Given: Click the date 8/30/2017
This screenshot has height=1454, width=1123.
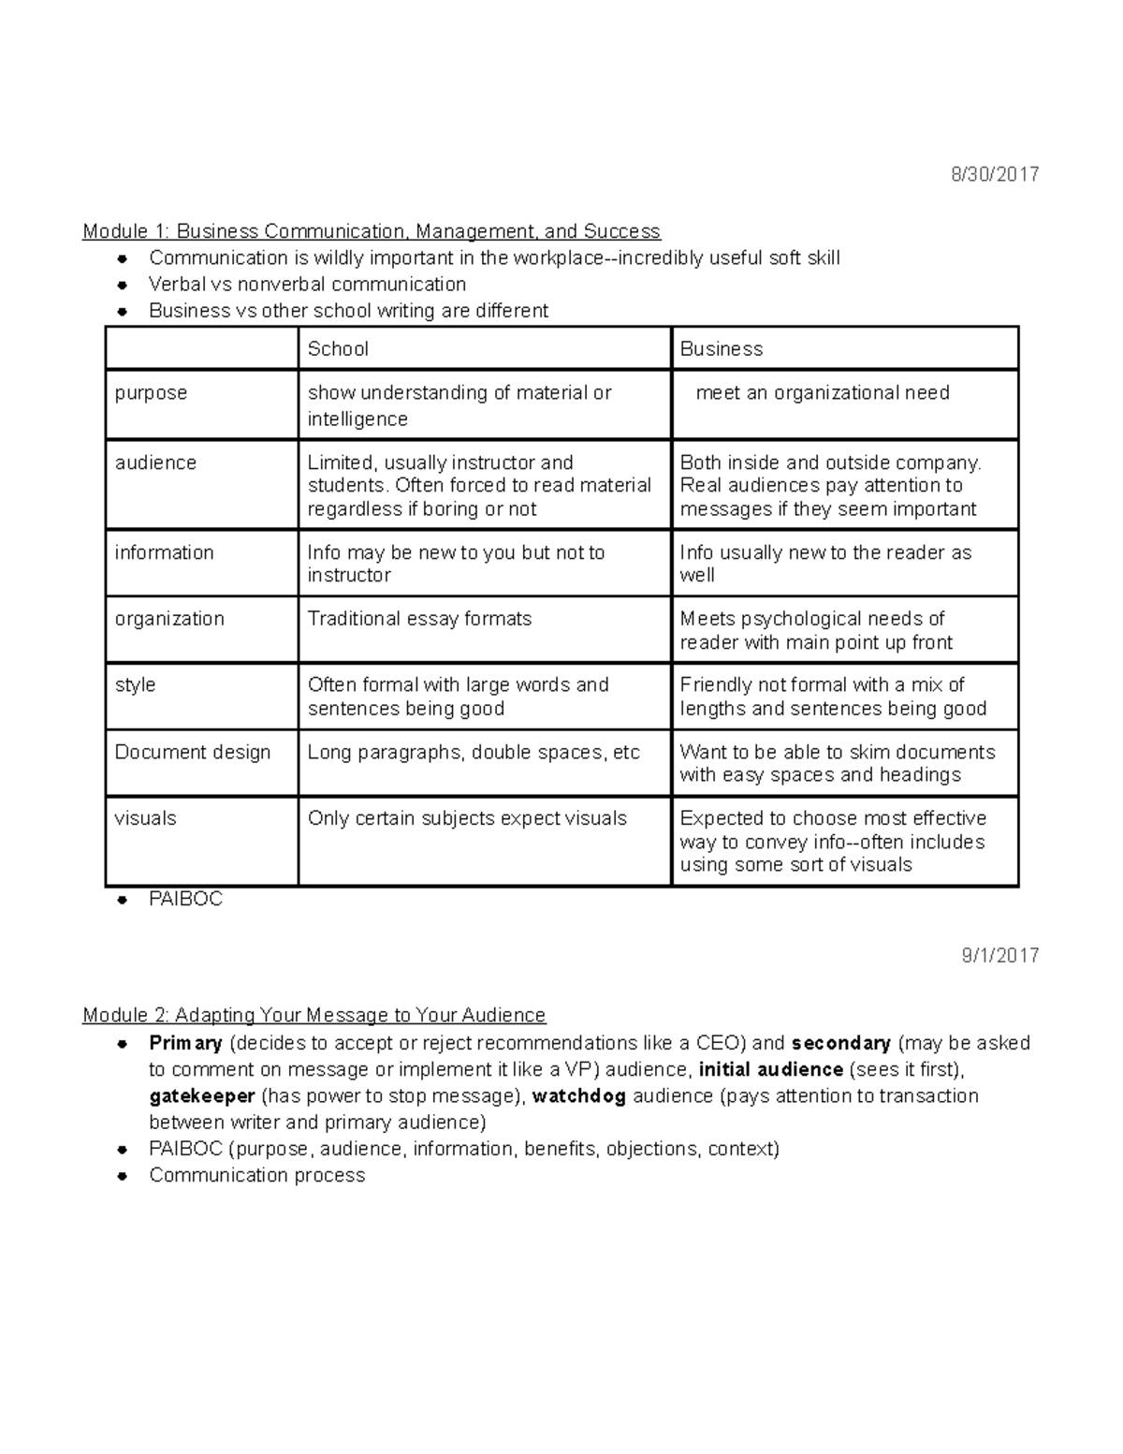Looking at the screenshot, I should click(x=995, y=174).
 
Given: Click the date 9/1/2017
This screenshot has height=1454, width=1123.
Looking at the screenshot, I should click(x=999, y=955).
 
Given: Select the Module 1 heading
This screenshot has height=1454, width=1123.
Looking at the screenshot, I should click(x=372, y=231).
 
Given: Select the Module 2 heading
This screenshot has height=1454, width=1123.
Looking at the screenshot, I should click(x=314, y=1015).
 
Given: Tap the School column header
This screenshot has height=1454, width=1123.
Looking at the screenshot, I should click(x=338, y=349).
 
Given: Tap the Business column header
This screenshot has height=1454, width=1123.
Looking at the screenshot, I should click(x=721, y=349).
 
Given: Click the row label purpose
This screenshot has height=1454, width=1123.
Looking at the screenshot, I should click(x=151, y=393).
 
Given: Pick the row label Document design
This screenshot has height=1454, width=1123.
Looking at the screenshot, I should click(x=193, y=752).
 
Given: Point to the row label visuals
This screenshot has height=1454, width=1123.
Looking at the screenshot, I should click(x=145, y=818).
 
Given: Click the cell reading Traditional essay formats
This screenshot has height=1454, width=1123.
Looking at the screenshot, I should click(x=419, y=619).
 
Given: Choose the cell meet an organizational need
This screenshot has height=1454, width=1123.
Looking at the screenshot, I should click(x=823, y=393).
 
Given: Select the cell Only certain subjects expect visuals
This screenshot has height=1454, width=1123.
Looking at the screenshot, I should click(x=467, y=818).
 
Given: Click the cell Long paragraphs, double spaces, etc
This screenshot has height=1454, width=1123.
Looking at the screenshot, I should click(x=474, y=752).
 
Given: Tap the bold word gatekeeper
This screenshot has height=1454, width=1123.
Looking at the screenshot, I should click(x=202, y=1096).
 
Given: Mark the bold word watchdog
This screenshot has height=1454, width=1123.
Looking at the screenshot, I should click(x=578, y=1096).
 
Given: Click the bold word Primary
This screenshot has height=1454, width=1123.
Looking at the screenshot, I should click(x=185, y=1043).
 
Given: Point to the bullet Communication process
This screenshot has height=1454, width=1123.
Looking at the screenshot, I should click(x=256, y=1175).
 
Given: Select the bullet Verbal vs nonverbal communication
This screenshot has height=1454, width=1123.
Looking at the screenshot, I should click(x=307, y=284).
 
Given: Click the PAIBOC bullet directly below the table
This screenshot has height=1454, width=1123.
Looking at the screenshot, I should click(x=185, y=899).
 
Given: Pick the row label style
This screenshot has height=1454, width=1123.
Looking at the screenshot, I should click(x=135, y=685).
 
